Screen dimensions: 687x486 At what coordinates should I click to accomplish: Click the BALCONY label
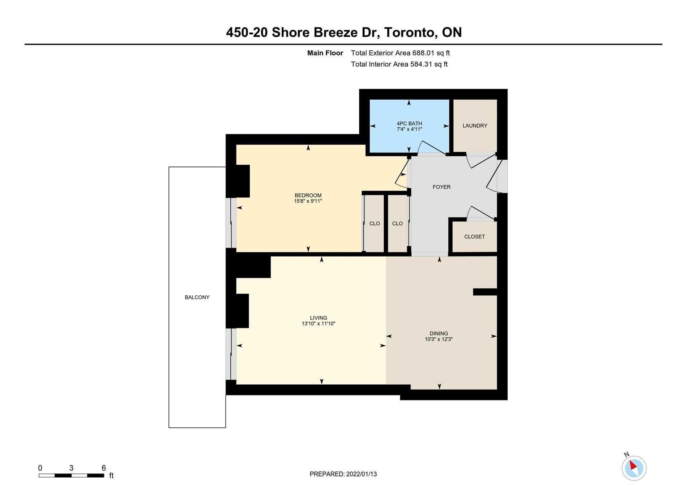coord(197,297)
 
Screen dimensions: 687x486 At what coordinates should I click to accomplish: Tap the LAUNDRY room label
coord(475,126)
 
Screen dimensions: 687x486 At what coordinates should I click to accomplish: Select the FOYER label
coord(441,187)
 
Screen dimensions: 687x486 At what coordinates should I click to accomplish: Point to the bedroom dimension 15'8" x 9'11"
coord(308,201)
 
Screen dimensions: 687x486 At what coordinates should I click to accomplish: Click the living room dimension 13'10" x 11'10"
coord(319,324)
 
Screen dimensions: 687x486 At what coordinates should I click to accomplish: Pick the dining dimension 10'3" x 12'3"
coord(439,339)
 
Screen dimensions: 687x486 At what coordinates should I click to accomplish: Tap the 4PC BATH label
coord(409,123)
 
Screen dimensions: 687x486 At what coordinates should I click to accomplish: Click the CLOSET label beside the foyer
coord(474,237)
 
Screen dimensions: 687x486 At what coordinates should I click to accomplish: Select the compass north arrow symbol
coord(633,467)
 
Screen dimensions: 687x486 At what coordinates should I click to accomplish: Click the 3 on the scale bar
coord(71,468)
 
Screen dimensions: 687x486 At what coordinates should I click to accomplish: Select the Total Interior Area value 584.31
coord(421,64)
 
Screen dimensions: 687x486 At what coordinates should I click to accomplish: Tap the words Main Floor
coord(325,53)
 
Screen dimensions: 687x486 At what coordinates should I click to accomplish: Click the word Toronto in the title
coord(409,33)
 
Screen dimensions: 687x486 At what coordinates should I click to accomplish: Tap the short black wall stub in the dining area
coord(485,292)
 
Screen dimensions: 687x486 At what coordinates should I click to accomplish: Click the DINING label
coord(439,334)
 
